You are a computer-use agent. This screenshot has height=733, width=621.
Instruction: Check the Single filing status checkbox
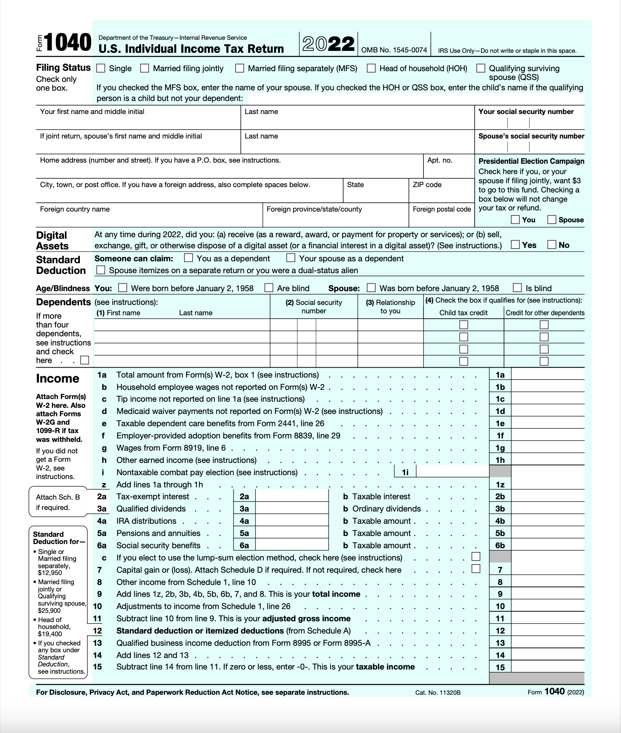pos(101,68)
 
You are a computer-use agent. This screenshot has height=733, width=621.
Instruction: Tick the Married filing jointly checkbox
pos(144,68)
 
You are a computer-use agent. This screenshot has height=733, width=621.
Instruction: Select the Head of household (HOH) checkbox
pos(371,68)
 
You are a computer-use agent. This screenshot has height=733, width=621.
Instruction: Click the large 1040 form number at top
pos(68,42)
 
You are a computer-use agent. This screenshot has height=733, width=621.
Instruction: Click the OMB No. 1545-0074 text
pos(394,50)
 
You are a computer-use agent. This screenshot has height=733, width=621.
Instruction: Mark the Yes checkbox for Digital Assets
pos(515,244)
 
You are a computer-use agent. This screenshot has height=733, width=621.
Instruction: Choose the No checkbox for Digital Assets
pos(551,244)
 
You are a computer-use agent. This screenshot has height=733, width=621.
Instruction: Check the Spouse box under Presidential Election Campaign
pos(551,220)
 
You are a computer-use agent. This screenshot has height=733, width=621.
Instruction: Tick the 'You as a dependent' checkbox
pos(188,258)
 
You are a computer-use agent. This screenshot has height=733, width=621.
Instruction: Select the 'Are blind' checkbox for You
pos(269,288)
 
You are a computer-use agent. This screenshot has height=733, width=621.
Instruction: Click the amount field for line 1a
pos(548,375)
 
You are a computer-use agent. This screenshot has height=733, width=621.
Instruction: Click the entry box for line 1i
pos(452,472)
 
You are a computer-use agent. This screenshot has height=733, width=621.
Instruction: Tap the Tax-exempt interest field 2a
pos(292,496)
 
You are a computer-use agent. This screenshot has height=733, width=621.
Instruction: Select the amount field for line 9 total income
pos(548,594)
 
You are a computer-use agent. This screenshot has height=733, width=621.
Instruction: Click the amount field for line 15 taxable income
pos(548,667)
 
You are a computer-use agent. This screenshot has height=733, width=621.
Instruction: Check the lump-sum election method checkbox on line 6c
pos(476,557)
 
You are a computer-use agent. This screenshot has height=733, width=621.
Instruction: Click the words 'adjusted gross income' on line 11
pos(306,618)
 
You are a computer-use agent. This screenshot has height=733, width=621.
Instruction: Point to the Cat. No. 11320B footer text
pos(438,692)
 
